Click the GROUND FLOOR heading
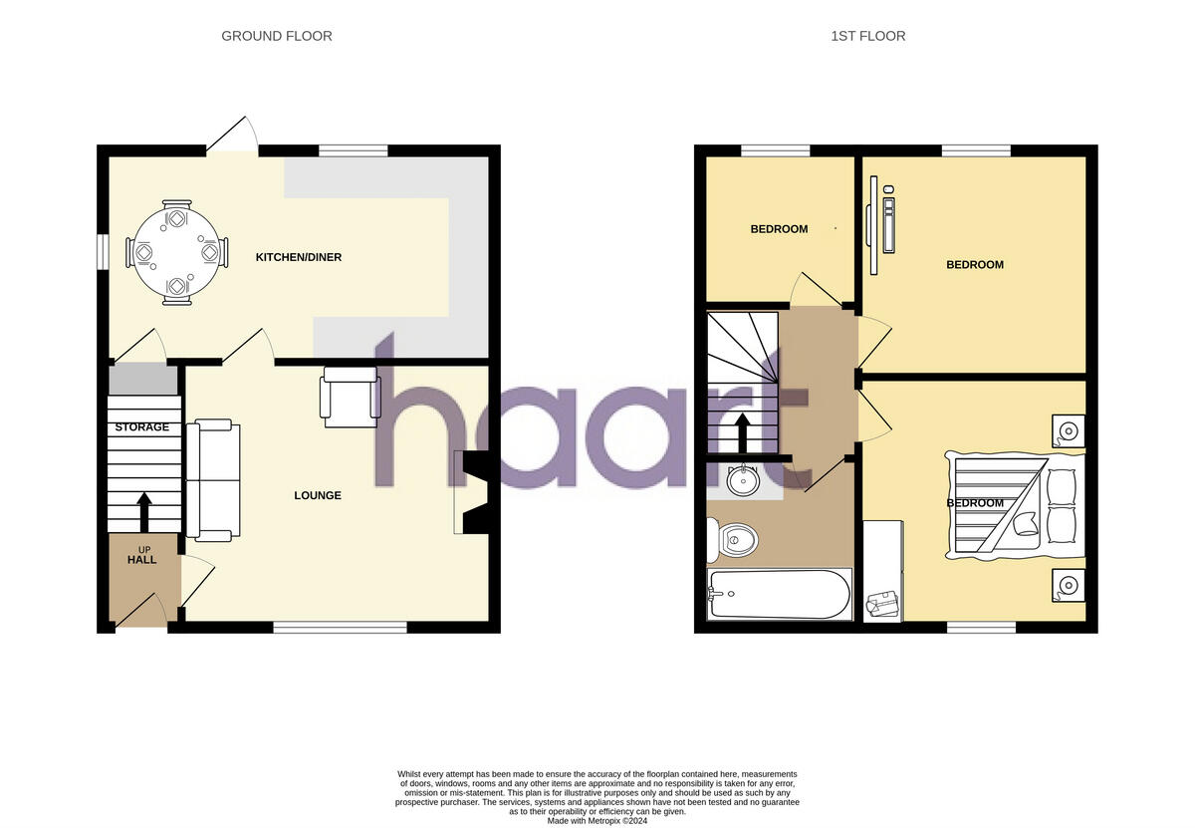coord(276,36)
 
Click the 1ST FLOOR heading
coord(867,36)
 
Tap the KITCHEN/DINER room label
coord(299,257)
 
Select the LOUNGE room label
coord(318,495)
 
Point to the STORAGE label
coord(141,427)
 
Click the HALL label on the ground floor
coord(141,560)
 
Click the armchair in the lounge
coord(349,397)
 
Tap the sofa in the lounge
coord(213,479)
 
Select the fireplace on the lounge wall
coord(472,492)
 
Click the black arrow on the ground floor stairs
coord(143,511)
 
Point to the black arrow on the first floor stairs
coord(741,431)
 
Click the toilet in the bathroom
coord(734,541)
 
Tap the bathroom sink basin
coord(742,481)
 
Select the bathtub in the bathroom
coord(779,594)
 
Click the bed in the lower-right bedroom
coord(1016,504)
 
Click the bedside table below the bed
coord(1069,585)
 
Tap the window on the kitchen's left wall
coord(102,251)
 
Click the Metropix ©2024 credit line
coord(597,820)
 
